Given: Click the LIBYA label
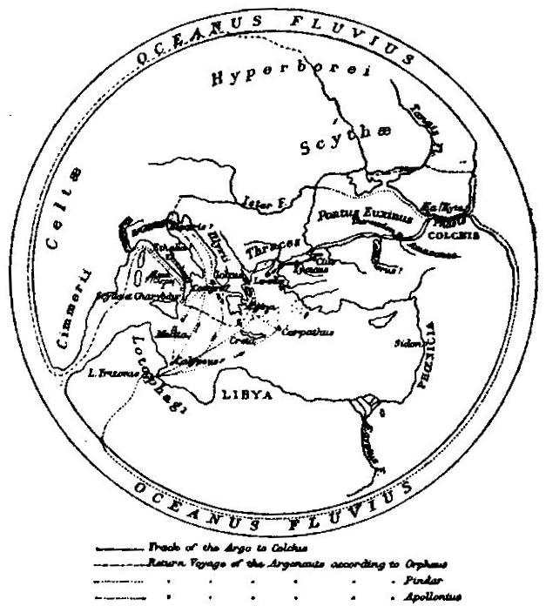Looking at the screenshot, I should pyautogui.click(x=246, y=394).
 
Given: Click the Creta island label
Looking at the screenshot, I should pyautogui.click(x=243, y=340).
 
